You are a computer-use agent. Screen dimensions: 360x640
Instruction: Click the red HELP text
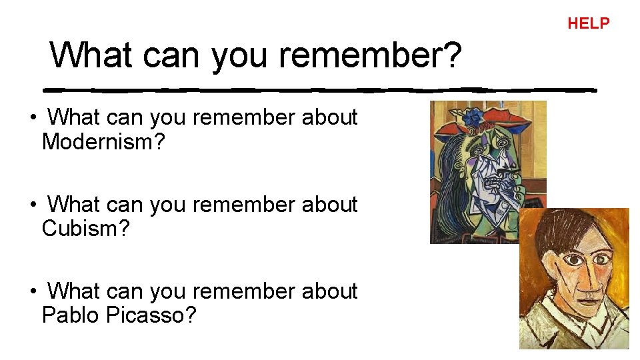(x=588, y=23)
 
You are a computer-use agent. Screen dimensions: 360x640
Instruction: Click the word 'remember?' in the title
(x=370, y=55)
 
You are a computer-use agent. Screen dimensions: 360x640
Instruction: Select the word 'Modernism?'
(x=103, y=141)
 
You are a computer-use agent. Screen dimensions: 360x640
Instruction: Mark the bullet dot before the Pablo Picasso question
(x=32, y=293)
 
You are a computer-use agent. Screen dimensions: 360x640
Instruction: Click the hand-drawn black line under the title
(x=320, y=89)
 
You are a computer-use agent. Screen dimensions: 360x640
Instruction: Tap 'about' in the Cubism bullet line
(x=330, y=205)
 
